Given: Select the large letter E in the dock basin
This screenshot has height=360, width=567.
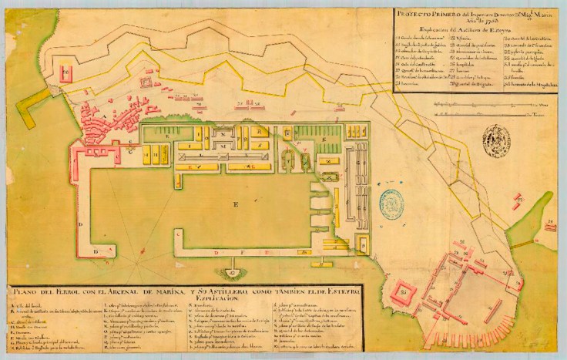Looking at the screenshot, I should tap(236, 204).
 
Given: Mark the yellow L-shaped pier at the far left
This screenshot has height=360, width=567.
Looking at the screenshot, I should tap(31, 108).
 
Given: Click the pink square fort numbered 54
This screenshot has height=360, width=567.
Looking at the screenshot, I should tap(404, 295).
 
